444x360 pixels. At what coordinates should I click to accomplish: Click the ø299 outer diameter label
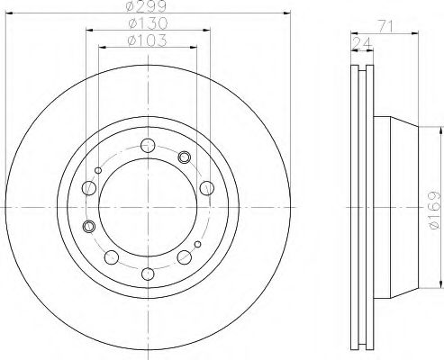click(x=146, y=6)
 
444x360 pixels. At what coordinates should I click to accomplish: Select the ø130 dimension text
click(x=148, y=23)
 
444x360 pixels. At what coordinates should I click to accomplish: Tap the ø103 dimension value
click(x=147, y=40)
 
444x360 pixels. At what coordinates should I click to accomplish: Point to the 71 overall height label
click(x=385, y=27)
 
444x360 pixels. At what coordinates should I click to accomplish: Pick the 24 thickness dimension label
click(x=362, y=44)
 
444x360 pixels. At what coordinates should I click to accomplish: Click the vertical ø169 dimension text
click(x=434, y=210)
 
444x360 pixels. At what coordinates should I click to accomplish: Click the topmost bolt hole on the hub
click(x=148, y=146)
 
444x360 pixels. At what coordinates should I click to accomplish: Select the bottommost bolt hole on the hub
click(x=148, y=274)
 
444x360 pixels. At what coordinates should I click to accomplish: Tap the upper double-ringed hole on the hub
click(x=184, y=157)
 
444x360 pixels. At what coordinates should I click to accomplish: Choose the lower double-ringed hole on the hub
click(x=88, y=226)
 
